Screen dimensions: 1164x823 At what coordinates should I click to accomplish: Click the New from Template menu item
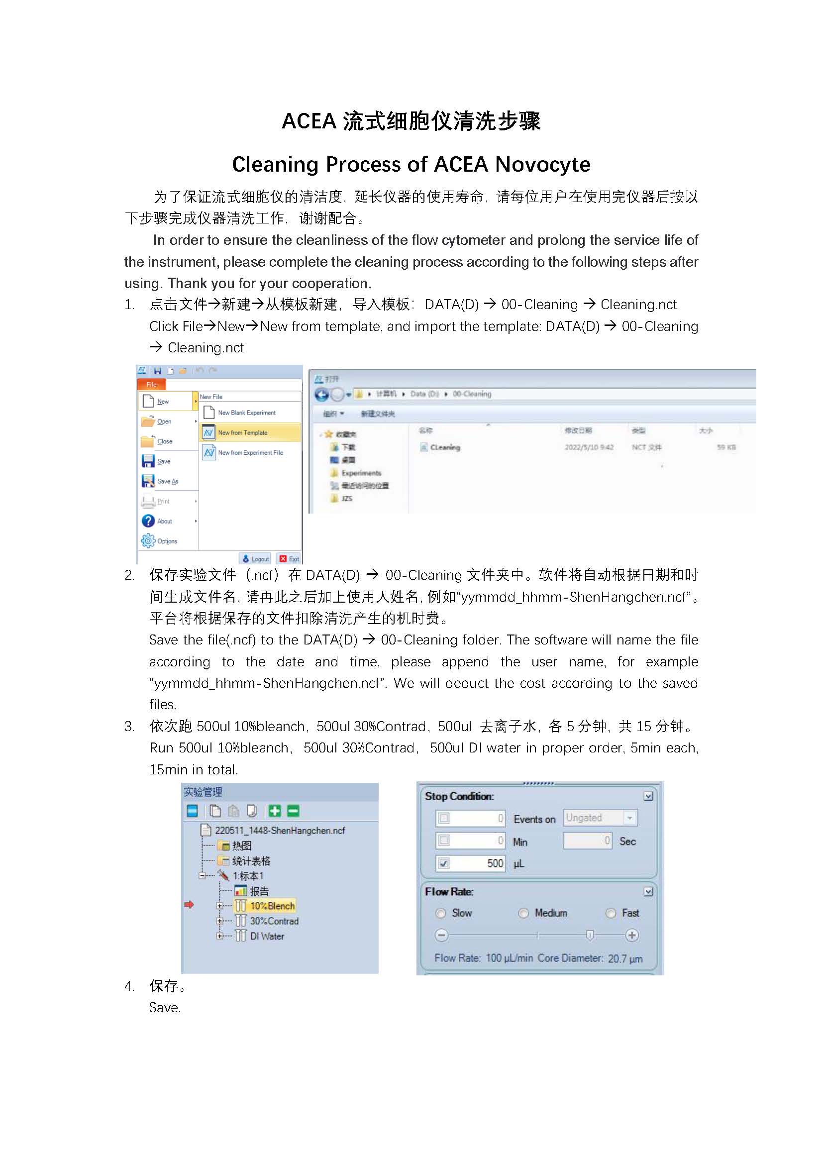click(242, 432)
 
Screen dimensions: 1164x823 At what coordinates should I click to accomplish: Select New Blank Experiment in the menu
click(246, 413)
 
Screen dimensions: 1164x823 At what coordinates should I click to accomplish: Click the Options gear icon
click(148, 541)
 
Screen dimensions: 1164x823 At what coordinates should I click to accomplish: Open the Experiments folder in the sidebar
click(361, 473)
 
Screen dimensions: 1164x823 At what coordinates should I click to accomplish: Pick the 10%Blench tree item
click(272, 906)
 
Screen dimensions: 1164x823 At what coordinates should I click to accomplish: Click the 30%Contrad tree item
click(274, 921)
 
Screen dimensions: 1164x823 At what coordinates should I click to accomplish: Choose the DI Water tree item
click(267, 937)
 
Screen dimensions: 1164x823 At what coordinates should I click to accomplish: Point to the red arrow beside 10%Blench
click(189, 905)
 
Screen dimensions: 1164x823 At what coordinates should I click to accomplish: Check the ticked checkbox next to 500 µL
click(444, 863)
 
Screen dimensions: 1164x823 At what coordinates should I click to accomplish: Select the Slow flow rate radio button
click(441, 913)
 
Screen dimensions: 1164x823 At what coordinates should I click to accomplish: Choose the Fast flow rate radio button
click(611, 913)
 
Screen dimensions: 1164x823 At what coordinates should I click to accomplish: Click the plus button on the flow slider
click(632, 936)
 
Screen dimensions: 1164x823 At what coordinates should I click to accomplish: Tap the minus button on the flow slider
click(442, 936)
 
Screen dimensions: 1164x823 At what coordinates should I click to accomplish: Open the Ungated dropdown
click(629, 818)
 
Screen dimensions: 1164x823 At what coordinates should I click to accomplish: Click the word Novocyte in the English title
click(542, 164)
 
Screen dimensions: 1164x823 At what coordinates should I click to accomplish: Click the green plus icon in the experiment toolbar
click(275, 811)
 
